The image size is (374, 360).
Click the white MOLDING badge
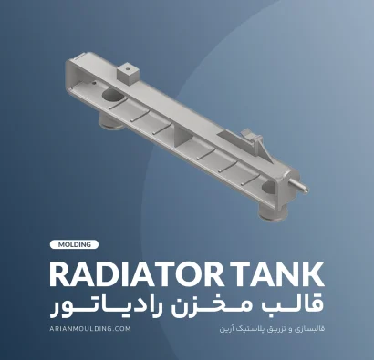pos(74,244)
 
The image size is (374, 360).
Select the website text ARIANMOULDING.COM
pos(90,328)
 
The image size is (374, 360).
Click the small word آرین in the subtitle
pos(225,329)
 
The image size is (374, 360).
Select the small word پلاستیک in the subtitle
pos(247,329)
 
